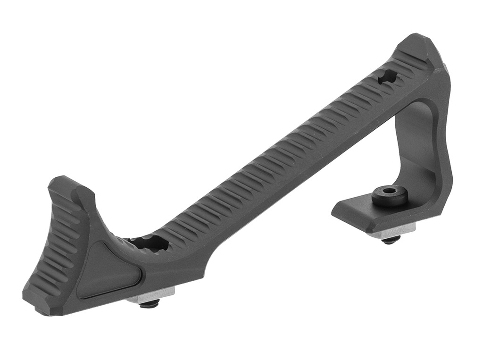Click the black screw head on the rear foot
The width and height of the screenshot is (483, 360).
point(390,196)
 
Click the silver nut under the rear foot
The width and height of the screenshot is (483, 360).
point(391,230)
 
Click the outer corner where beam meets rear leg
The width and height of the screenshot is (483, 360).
point(446,75)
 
